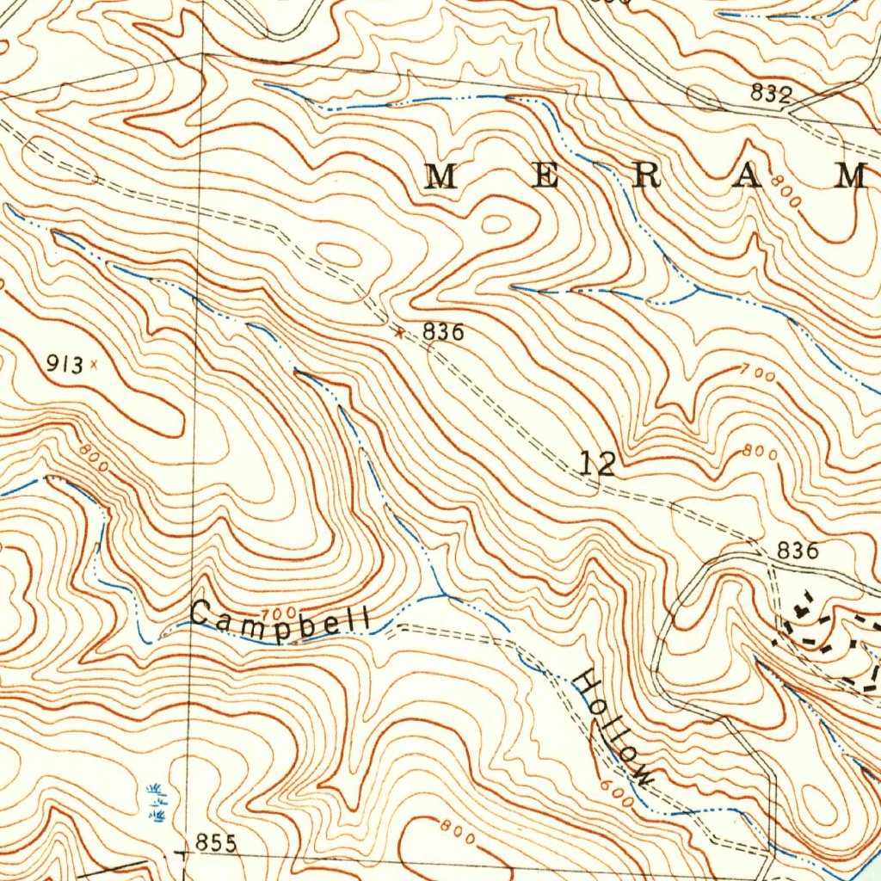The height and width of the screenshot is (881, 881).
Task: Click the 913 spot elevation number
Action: pos(65,365)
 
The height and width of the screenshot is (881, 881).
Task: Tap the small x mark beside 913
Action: pos(94,364)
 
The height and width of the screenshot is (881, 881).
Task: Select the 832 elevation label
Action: pos(770,95)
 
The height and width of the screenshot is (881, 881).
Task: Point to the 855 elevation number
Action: pos(215,843)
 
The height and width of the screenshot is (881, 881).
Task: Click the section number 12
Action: pos(598,465)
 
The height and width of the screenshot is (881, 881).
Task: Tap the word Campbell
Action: pos(281,619)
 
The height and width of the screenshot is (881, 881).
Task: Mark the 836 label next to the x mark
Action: pos(443,331)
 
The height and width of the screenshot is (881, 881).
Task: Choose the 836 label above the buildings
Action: pos(797,551)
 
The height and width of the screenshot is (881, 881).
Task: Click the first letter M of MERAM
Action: pos(442,176)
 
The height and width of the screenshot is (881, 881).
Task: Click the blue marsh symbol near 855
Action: pos(157,802)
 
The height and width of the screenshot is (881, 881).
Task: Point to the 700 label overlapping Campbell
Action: pos(278,614)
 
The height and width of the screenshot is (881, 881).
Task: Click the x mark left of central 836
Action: pos(398,331)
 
